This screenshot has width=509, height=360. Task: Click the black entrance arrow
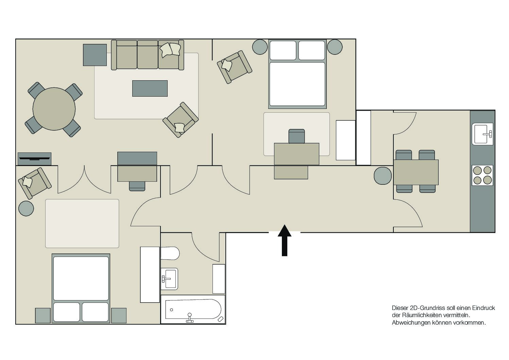click(285, 241)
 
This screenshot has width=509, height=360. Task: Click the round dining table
click(54, 109)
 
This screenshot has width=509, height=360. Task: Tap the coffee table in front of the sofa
click(150, 88)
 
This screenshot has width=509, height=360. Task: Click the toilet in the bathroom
click(170, 253)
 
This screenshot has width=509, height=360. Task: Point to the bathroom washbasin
click(170, 279)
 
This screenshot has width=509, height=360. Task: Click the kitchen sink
click(482, 134)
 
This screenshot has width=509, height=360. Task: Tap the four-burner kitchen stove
click(482, 175)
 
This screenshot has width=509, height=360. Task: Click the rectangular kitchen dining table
click(416, 172)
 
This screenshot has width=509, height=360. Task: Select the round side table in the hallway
click(383, 176)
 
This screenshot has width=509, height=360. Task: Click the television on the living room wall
click(35, 159)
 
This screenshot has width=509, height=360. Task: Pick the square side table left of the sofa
click(95, 55)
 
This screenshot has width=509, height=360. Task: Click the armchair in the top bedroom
click(235, 67)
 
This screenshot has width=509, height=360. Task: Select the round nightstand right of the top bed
click(335, 47)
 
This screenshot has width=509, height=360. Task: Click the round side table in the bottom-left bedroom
click(26, 208)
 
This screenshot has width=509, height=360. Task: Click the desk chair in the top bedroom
click(296, 136)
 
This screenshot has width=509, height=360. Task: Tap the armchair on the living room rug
click(181, 120)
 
